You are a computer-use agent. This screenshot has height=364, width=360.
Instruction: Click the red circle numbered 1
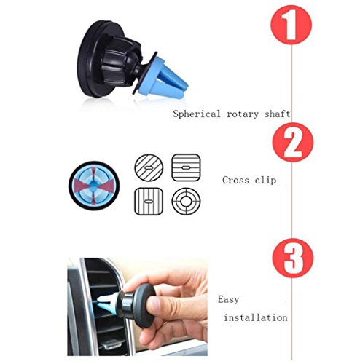click(291, 25)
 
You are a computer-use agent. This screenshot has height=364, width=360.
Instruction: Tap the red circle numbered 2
click(293, 142)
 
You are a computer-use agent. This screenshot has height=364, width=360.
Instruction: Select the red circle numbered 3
click(293, 258)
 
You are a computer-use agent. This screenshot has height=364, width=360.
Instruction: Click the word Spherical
click(197, 114)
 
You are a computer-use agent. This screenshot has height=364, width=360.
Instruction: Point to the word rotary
click(243, 114)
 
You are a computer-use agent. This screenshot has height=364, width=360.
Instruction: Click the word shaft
click(277, 114)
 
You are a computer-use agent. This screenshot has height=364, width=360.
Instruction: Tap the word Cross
click(235, 180)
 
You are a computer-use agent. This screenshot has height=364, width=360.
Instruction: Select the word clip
click(265, 181)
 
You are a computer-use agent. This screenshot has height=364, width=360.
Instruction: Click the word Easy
click(228, 299)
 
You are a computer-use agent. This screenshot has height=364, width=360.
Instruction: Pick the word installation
click(256, 317)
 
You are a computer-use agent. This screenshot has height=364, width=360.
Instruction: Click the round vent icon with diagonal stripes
click(149, 167)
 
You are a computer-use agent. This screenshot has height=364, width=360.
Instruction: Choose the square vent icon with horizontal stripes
click(186, 167)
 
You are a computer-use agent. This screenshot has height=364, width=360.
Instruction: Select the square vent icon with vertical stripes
click(149, 201)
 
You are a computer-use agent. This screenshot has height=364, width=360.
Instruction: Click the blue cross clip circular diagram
click(94, 186)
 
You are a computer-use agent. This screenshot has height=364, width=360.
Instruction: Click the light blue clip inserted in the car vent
click(107, 304)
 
